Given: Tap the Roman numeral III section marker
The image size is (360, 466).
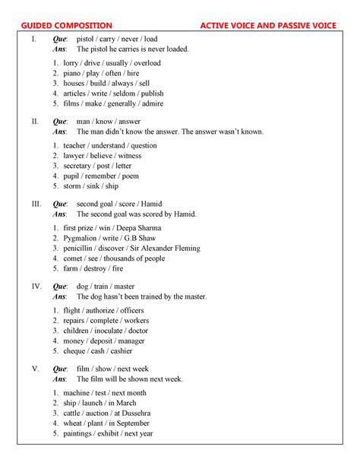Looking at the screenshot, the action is point(36,204).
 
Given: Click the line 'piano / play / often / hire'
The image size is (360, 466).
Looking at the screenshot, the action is point(102,73).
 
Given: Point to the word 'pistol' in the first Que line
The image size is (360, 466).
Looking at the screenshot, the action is point(87,39).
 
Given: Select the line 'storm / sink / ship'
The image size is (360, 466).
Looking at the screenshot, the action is point(91,186).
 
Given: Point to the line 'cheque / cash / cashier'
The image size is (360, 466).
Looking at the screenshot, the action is point(98,351).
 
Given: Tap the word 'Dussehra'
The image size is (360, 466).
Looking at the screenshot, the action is point(134,413).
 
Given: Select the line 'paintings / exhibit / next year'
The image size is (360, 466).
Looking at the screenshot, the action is point(109,433).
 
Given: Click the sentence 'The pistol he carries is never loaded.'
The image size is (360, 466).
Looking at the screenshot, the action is point(134,49).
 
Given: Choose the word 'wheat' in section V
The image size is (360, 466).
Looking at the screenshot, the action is point(73,423).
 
